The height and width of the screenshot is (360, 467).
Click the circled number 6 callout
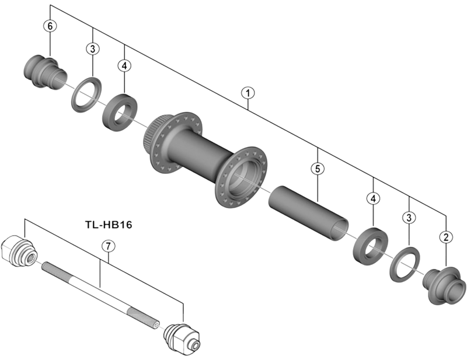pos(50,26)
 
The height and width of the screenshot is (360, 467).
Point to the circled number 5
pos(316,169)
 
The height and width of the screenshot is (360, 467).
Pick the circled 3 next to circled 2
pos(409,218)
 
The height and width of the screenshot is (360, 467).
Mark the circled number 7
pos(106,246)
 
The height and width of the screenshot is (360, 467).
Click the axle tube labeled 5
pos(308,211)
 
